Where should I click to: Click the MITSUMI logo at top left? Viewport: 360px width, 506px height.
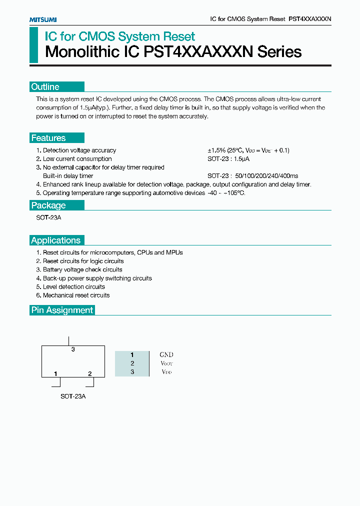click(x=42, y=19)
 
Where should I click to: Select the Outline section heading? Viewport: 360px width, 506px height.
click(x=45, y=87)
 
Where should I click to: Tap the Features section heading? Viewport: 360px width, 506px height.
click(x=48, y=138)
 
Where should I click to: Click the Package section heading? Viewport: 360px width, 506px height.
click(x=48, y=205)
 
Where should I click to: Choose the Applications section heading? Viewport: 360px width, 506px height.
click(x=55, y=240)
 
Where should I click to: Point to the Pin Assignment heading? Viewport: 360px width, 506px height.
click(x=62, y=310)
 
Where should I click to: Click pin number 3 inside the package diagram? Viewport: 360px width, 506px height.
click(x=73, y=349)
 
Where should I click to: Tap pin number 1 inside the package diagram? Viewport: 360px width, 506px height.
click(x=55, y=373)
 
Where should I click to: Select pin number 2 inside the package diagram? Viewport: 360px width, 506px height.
click(x=90, y=373)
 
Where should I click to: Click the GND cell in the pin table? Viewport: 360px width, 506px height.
click(x=166, y=355)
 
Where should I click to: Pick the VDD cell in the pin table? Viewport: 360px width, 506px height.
click(x=166, y=372)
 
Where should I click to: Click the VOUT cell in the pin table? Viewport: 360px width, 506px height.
click(x=166, y=363)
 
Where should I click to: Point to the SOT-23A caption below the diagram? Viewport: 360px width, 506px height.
click(x=73, y=396)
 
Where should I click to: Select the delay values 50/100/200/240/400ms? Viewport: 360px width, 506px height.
click(x=266, y=176)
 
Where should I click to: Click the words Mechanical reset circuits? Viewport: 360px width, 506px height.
click(x=76, y=295)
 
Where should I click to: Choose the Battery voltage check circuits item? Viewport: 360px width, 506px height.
click(x=82, y=270)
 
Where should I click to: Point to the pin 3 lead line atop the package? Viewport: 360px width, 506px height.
click(x=68, y=341)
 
